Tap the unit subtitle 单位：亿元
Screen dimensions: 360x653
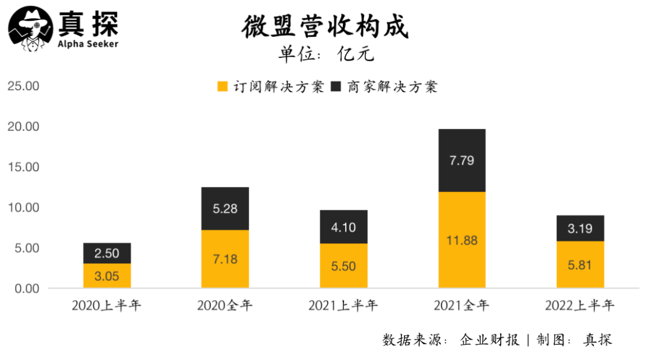(x=326, y=54)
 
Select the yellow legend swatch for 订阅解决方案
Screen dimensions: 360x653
(x=223, y=87)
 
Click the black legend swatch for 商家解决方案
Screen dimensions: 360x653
(x=337, y=87)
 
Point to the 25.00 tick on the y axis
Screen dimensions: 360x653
(x=23, y=86)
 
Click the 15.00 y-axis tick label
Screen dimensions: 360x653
(x=23, y=167)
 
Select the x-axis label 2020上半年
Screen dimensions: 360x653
(x=106, y=306)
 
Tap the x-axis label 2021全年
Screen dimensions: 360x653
(x=462, y=306)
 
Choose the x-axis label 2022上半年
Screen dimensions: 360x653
(x=580, y=306)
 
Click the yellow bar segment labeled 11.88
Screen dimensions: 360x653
(x=462, y=240)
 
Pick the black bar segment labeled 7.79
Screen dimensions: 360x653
(x=462, y=160)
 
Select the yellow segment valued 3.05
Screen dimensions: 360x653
(x=106, y=276)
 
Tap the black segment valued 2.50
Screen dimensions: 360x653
(x=106, y=253)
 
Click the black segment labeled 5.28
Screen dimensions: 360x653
(x=225, y=208)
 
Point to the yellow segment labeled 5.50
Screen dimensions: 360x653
(x=343, y=266)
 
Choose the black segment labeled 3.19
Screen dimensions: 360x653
(x=580, y=228)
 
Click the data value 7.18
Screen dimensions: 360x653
(x=225, y=260)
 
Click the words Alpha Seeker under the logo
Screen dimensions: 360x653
(x=88, y=44)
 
